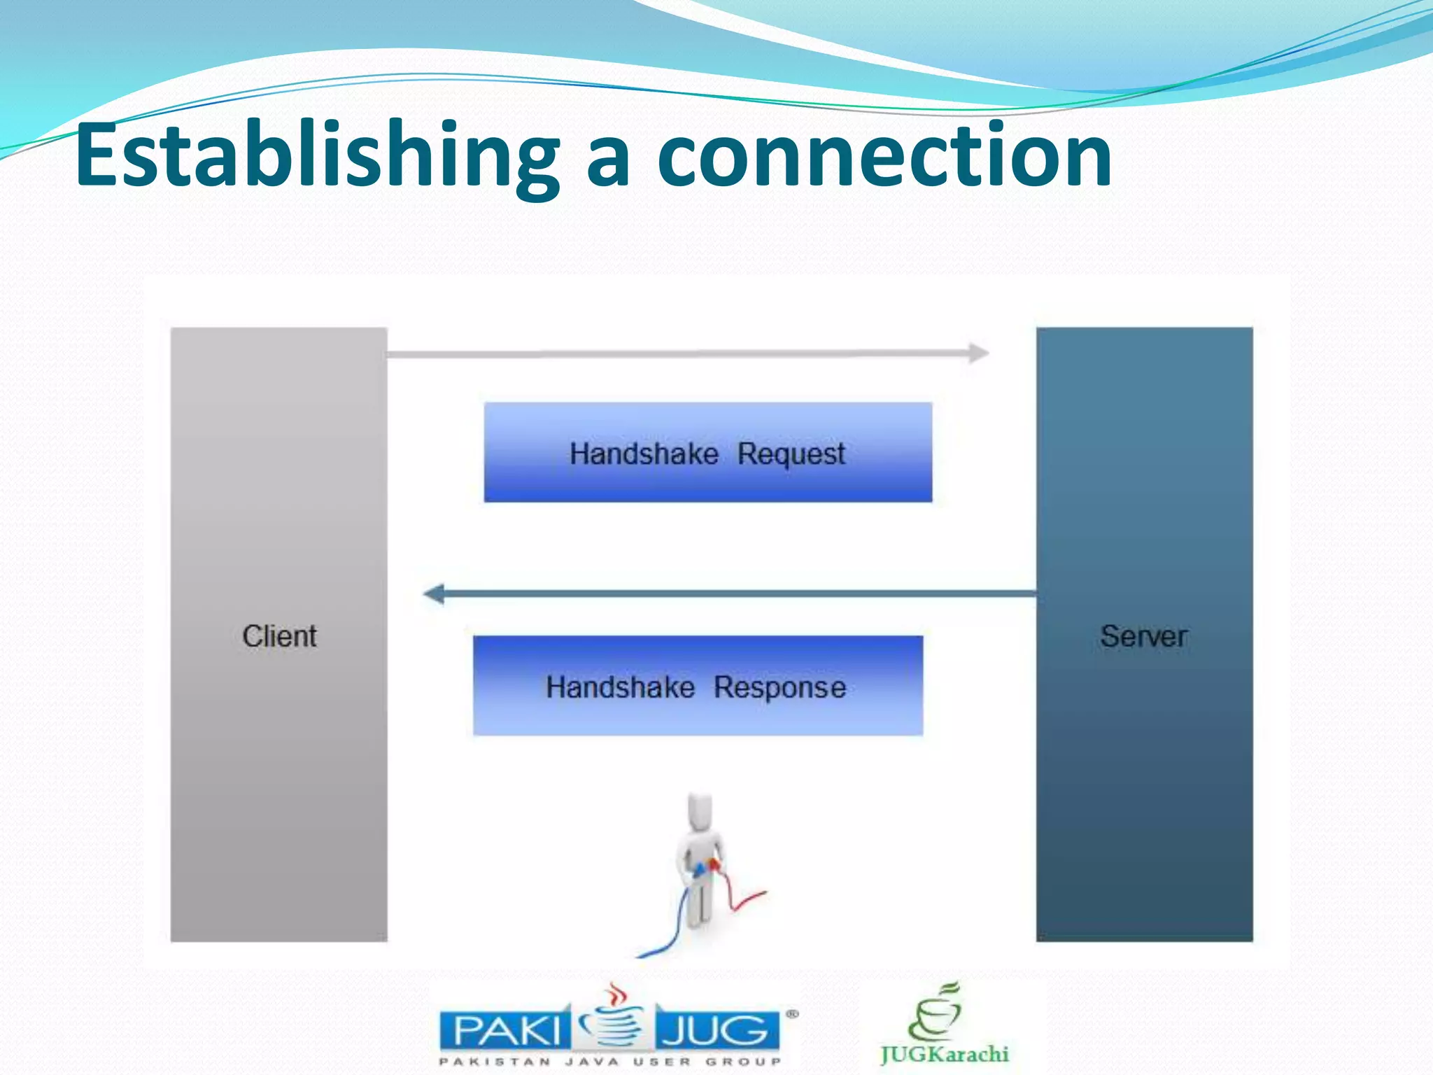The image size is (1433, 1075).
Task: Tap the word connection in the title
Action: pos(884,155)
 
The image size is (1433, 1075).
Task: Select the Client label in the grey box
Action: pos(279,636)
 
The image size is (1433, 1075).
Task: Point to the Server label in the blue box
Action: pos(1143,636)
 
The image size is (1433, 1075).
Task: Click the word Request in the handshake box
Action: pos(791,454)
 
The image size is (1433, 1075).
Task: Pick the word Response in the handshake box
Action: pos(779,687)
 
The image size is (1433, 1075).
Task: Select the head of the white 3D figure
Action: pos(700,812)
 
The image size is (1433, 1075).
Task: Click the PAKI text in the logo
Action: pos(506,1030)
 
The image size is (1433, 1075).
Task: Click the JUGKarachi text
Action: pos(945,1054)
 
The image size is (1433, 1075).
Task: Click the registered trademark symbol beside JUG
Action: pos(792,1013)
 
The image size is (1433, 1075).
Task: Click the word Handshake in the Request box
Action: pos(644,454)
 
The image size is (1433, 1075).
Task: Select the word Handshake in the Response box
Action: pos(620,687)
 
